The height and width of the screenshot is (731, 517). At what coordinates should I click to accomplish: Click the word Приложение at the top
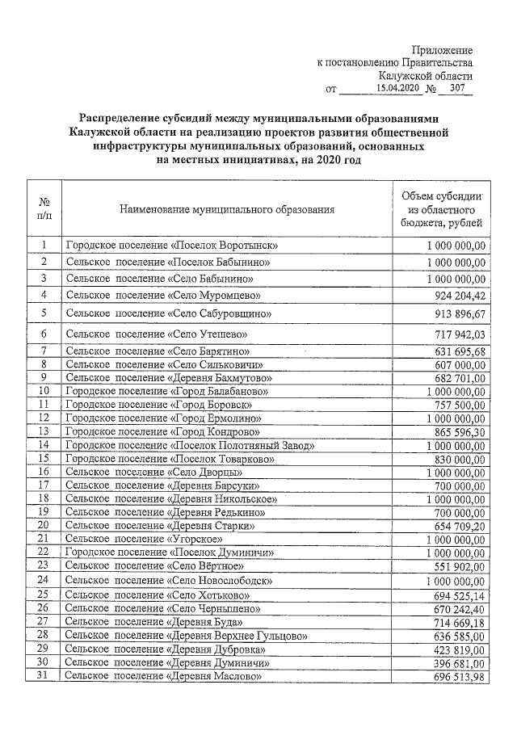point(443,50)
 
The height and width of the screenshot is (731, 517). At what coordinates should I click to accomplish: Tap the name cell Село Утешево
point(156,334)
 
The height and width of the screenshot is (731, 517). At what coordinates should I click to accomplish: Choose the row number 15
point(45,458)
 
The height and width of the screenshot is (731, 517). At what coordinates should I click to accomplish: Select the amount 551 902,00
point(456,565)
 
